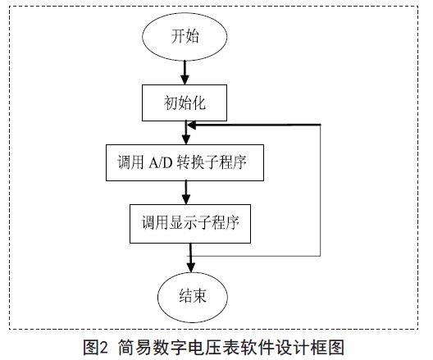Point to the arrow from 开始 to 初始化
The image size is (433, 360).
tap(185, 73)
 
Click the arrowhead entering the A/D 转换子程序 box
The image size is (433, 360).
tap(186, 139)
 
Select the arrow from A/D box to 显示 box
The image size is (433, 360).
tap(186, 193)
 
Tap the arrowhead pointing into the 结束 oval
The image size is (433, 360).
tap(191, 267)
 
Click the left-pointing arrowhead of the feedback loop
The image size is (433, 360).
tap(192, 125)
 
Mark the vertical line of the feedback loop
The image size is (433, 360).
tap(321, 190)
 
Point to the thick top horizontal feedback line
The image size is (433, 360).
tap(254, 125)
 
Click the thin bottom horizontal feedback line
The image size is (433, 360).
tap(255, 256)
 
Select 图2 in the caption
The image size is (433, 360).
tap(95, 347)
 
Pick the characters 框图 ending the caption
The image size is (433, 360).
tap(328, 347)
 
